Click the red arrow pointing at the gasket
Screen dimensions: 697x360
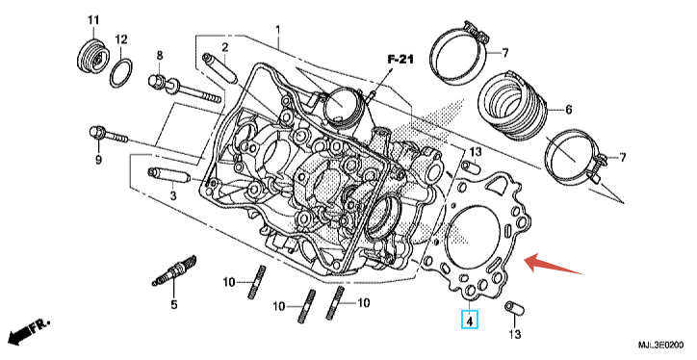555,264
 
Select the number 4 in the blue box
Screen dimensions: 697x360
470,319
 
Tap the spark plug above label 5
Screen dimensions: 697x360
173,270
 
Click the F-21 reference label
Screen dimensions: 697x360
400,59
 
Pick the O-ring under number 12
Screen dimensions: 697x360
121,73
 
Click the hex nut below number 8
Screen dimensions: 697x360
157,81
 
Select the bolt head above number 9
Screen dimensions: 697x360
96,133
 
